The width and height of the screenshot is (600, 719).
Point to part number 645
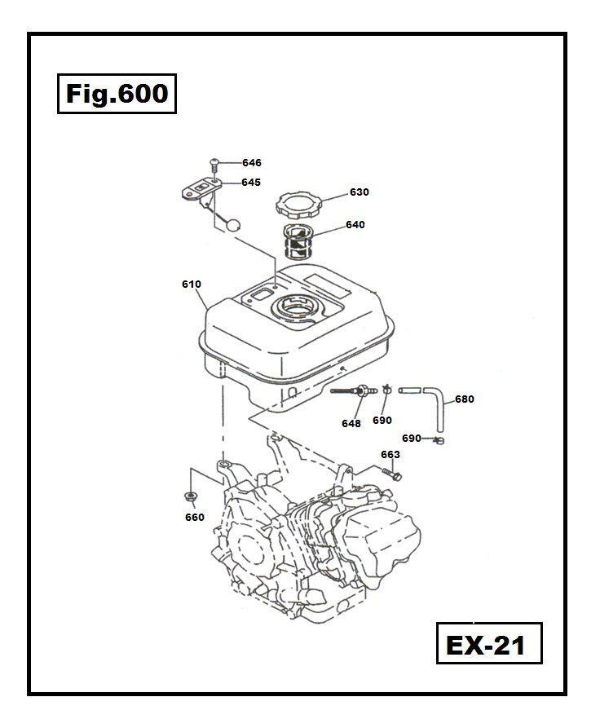(250, 183)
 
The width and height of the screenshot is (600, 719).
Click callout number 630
(359, 192)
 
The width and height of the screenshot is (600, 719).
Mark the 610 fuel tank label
(192, 285)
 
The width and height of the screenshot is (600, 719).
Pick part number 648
(351, 424)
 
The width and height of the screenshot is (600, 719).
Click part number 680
(465, 399)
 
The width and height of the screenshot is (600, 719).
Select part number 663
(390, 455)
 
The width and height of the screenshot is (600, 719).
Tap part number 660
(195, 517)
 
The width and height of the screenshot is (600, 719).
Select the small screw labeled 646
(214, 163)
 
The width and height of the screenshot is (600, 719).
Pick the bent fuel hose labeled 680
(435, 404)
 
